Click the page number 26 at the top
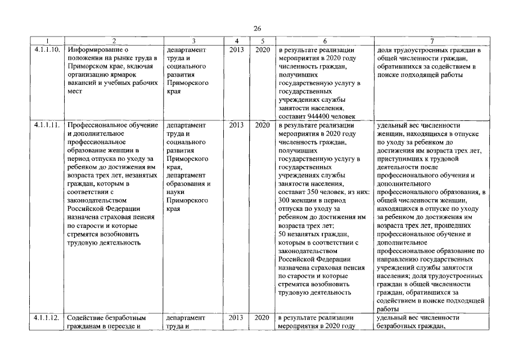click(258, 28)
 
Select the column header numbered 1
click(47, 41)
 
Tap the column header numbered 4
click(237, 41)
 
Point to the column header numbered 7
click(431, 41)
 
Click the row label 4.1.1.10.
click(47, 49)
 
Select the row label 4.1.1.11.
click(47, 125)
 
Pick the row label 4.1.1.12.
click(47, 318)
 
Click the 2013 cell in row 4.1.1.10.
click(237, 49)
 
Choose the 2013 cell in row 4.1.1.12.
click(237, 318)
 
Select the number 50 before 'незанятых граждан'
click(283, 233)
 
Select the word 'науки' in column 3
click(177, 192)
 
